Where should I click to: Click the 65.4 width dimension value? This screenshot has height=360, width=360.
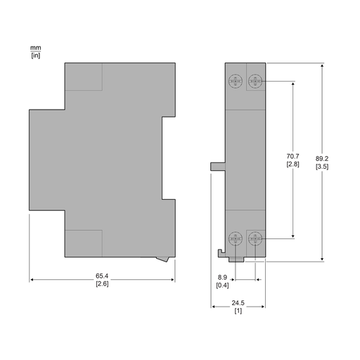[102, 276]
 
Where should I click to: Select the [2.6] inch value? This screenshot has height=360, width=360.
[102, 284]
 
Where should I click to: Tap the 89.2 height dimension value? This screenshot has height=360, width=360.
[322, 159]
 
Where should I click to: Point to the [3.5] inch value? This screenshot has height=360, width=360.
[322, 167]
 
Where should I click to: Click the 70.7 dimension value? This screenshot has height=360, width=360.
[292, 156]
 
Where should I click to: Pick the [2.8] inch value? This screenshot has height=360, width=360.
[292, 164]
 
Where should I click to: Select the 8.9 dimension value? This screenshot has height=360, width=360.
[222, 277]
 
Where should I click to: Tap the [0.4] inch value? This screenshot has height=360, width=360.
[222, 285]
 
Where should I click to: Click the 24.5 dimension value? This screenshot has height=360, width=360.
[238, 303]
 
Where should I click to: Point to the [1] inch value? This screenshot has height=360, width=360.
[238, 311]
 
